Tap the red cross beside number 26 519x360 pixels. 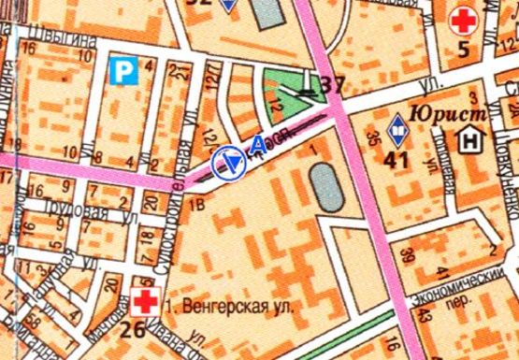click(144, 301)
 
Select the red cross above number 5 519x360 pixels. click(461, 19)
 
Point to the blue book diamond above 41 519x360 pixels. click(396, 124)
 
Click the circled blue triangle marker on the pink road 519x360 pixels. click(229, 164)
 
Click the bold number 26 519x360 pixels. click(133, 328)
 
